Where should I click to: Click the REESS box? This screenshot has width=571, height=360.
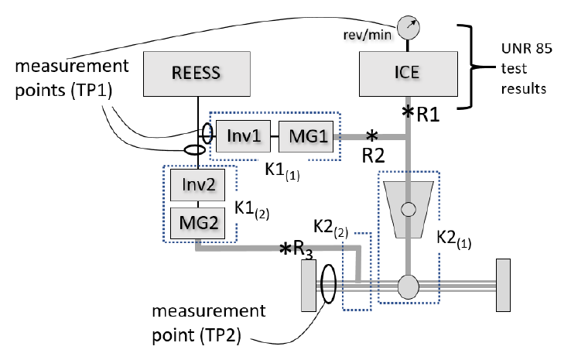(x=197, y=74)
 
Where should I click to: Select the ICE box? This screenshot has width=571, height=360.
(x=409, y=74)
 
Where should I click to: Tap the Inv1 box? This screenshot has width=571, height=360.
(x=243, y=136)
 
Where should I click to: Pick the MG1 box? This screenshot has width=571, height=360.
(x=306, y=136)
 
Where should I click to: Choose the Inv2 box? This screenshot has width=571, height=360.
(x=198, y=185)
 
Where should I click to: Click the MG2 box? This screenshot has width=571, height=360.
(x=198, y=223)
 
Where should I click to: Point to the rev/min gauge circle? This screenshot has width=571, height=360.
(x=409, y=27)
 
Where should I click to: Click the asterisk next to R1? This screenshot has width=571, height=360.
(x=408, y=111)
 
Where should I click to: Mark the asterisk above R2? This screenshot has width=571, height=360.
(x=372, y=136)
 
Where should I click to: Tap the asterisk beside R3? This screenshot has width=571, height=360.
(x=285, y=249)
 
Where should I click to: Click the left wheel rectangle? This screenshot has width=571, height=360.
(x=309, y=286)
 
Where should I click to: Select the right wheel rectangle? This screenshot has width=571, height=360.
(x=503, y=286)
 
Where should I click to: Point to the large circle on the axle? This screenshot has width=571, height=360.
(x=409, y=286)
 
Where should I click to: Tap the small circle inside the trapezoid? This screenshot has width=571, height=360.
(x=409, y=210)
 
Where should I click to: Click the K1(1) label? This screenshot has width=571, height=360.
(x=282, y=171)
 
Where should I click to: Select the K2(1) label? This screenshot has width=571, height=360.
(x=453, y=239)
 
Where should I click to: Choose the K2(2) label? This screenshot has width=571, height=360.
(x=330, y=229)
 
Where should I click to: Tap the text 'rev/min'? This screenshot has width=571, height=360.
(x=368, y=35)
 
